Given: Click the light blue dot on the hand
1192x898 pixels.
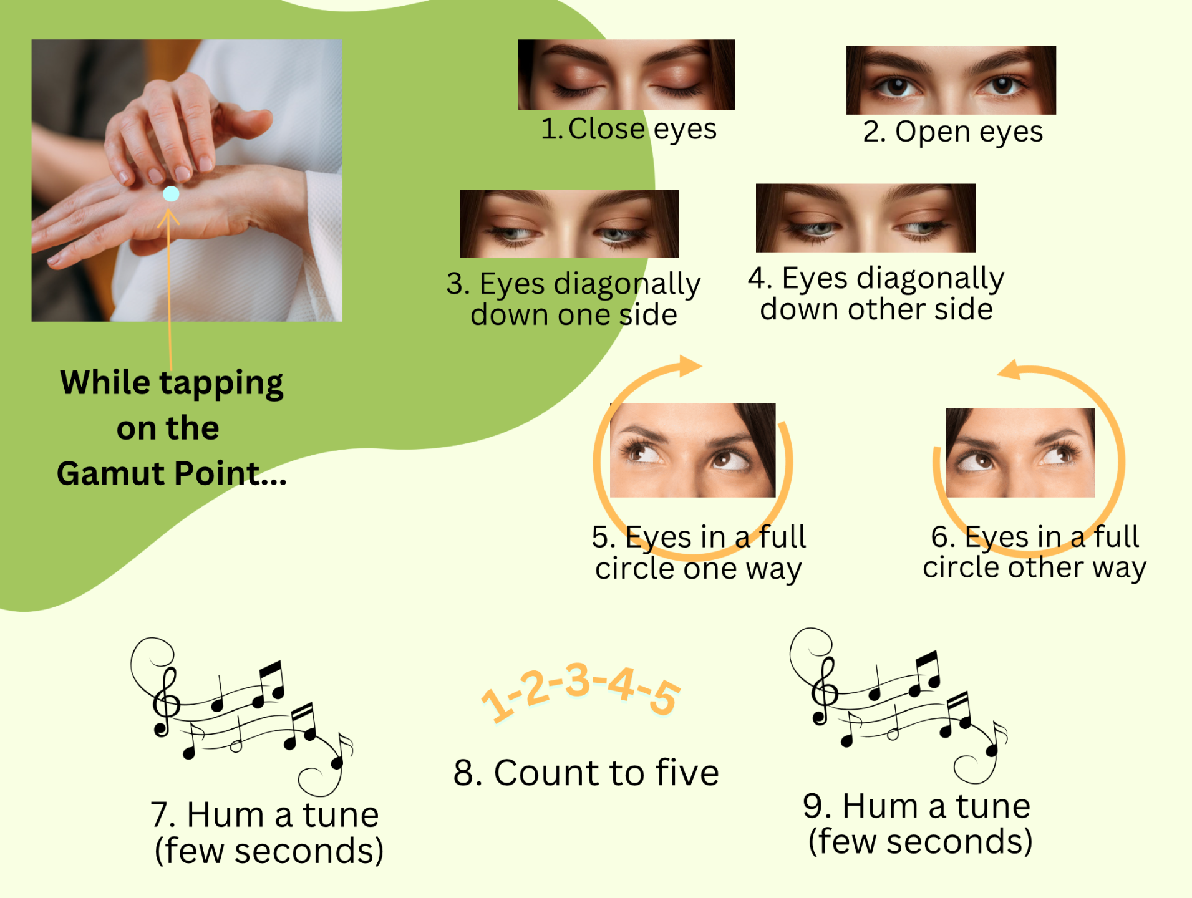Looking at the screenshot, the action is (171, 194).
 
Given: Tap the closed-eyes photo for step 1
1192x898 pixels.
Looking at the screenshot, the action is (626, 74).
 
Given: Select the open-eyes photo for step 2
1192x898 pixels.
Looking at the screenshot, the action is (951, 80).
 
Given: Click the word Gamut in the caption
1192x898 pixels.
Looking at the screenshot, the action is (112, 473).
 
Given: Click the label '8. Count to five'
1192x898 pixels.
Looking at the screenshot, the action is (586, 773).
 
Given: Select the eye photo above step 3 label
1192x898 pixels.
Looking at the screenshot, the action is (569, 224).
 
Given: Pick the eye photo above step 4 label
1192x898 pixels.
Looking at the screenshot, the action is (866, 218).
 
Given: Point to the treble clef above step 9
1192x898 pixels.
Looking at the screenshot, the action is (824, 692).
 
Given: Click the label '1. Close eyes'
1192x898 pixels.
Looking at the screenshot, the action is (629, 130).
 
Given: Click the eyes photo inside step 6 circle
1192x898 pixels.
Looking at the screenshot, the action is (1020, 452).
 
